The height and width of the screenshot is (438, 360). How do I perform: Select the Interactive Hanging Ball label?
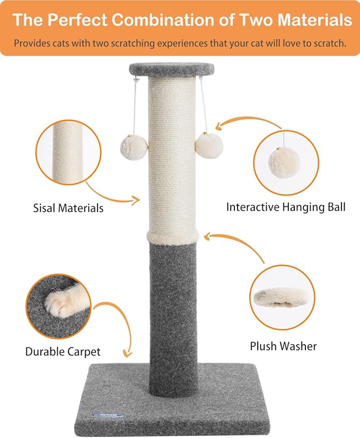(x=286, y=207)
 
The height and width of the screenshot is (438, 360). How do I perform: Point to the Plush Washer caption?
(x=283, y=346)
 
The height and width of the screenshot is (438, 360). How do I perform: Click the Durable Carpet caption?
(x=63, y=351)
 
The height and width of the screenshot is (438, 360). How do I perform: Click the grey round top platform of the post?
(x=171, y=69)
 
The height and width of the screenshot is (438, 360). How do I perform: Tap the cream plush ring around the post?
(x=173, y=236)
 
